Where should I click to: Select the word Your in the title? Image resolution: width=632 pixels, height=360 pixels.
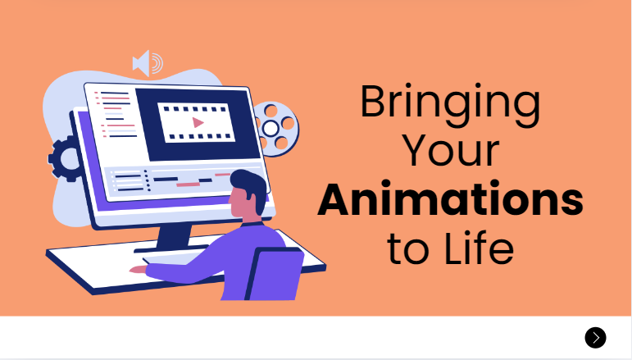[x=451, y=151]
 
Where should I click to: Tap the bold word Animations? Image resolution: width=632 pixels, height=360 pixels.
[x=450, y=198]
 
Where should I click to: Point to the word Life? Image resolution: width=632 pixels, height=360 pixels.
[x=479, y=248]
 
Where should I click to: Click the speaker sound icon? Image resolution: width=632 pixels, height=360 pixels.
[x=148, y=63]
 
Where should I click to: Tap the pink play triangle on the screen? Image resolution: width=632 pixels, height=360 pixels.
[x=198, y=122]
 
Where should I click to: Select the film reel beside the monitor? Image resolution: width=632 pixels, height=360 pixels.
[x=276, y=129]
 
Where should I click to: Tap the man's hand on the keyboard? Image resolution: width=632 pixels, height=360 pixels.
[x=138, y=270]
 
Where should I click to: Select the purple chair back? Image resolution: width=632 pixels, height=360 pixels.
[x=275, y=274]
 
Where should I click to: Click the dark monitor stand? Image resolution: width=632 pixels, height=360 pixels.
[x=172, y=239]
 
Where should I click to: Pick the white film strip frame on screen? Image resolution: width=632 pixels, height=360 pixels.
[x=196, y=122]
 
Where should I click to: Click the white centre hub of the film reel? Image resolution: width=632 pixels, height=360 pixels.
[x=271, y=129]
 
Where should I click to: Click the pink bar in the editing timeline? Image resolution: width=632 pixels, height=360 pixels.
[x=189, y=185]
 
